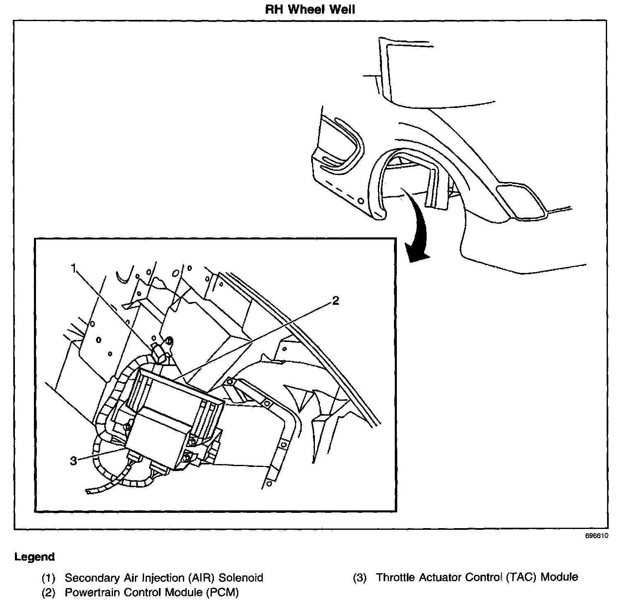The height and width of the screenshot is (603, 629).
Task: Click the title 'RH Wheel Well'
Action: pyautogui.click(x=310, y=9)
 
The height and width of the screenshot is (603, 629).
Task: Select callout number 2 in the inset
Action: pyautogui.click(x=335, y=301)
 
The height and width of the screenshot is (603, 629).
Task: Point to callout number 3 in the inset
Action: pyautogui.click(x=74, y=461)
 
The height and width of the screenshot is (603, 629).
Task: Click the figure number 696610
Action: pyautogui.click(x=596, y=536)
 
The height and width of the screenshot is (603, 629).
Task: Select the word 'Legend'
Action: pyautogui.click(x=34, y=557)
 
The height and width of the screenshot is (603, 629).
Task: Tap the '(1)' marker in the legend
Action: pyautogui.click(x=48, y=578)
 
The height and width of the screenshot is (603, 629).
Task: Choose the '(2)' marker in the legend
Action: pyautogui.click(x=48, y=593)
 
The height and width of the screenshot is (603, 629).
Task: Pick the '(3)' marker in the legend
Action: pyautogui.click(x=360, y=578)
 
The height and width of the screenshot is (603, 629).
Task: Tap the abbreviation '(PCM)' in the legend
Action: pyautogui.click(x=222, y=593)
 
